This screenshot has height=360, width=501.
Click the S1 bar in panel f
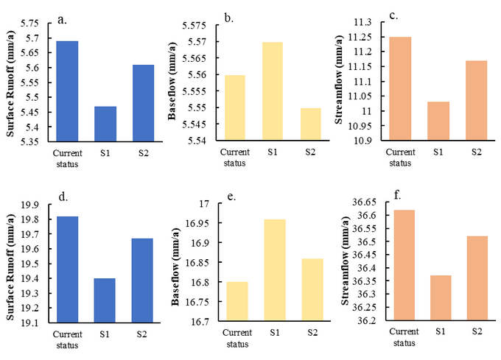tap(439, 298)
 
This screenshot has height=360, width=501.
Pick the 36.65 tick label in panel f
tap(364, 202)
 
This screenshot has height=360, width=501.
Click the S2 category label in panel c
tap(476, 151)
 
